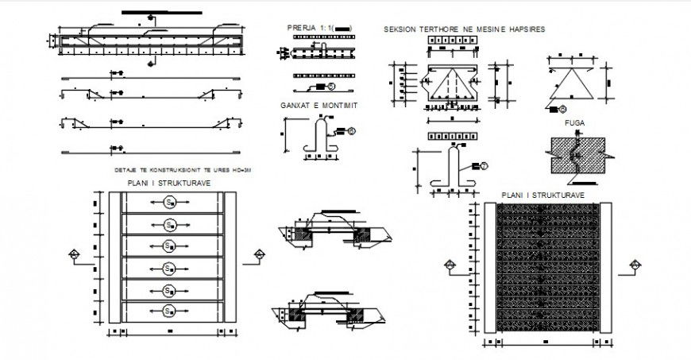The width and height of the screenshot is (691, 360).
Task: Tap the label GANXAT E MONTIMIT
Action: (x=319, y=105)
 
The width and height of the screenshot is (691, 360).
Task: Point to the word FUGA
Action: (x=574, y=124)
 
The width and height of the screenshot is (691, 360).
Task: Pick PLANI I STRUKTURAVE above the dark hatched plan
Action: (x=543, y=195)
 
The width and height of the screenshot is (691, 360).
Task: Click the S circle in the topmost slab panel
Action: (x=170, y=203)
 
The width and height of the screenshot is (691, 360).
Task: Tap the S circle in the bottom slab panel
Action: (x=170, y=310)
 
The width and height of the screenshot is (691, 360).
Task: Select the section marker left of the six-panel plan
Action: (x=73, y=254)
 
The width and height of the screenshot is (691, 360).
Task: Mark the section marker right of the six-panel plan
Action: (x=259, y=254)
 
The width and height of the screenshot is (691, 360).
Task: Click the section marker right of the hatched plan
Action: (x=635, y=265)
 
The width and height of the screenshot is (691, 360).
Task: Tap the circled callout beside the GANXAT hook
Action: (x=352, y=130)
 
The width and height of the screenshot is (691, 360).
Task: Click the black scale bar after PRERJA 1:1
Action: (x=342, y=28)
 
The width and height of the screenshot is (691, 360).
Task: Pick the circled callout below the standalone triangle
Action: (x=562, y=109)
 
